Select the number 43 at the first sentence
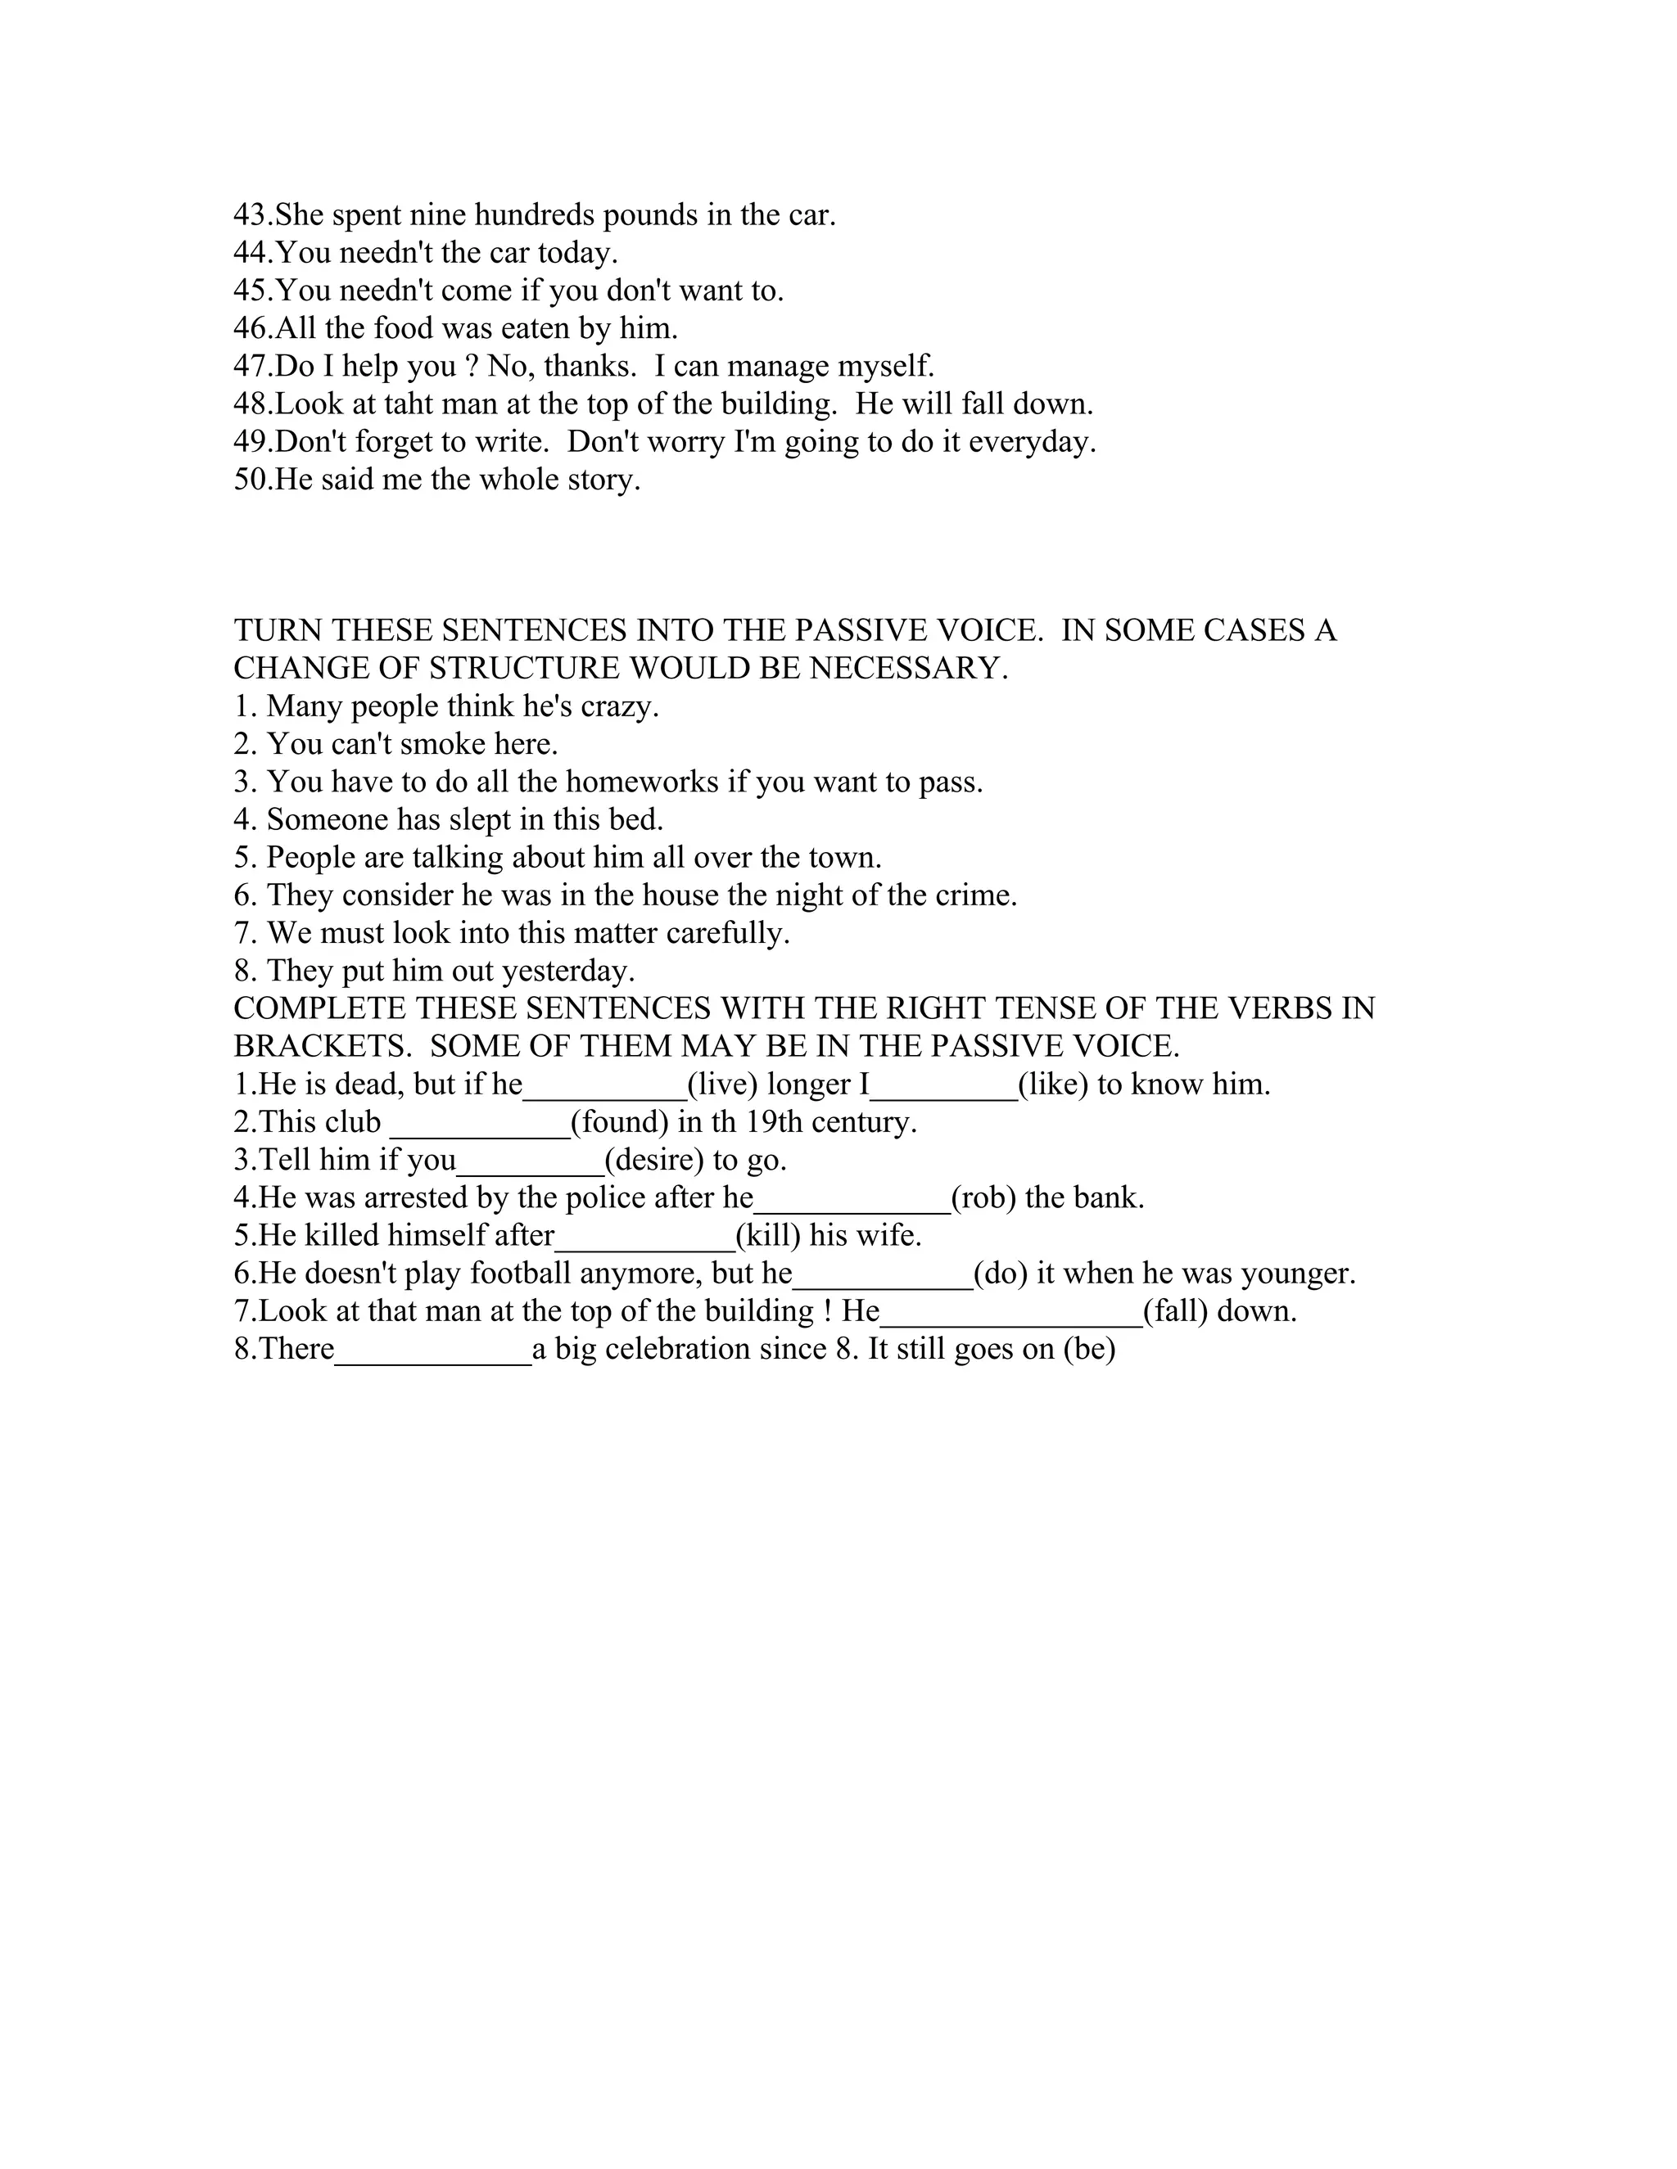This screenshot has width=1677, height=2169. click(x=251, y=214)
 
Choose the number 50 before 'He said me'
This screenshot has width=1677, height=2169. click(x=251, y=480)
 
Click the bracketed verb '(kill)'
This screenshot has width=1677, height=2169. click(x=768, y=1235)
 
